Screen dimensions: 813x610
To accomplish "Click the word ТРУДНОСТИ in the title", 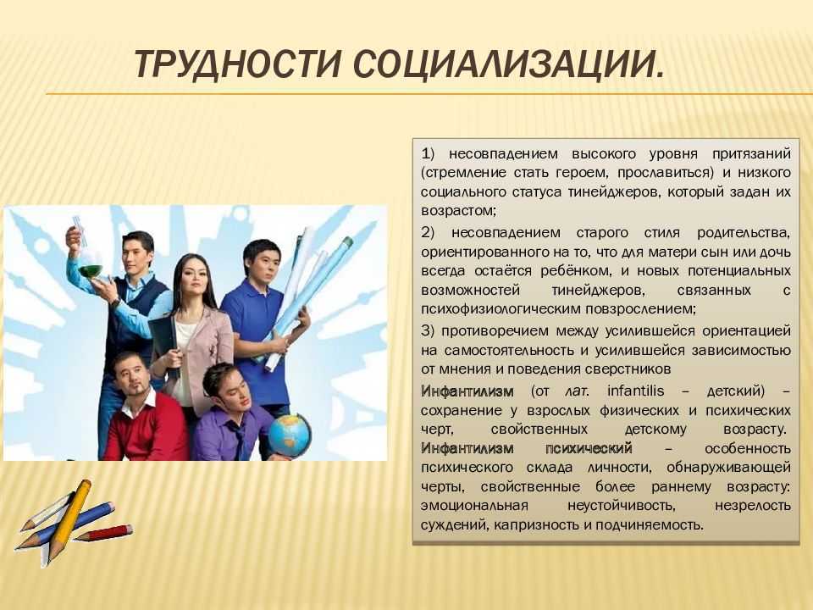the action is pos(238,64).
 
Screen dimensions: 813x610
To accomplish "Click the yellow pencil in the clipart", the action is pos(69,520).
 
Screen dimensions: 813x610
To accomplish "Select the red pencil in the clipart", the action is pos(102,533).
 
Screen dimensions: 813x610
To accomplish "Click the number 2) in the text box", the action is pos(428,232).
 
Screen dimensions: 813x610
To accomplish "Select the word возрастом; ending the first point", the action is pos(459,211).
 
